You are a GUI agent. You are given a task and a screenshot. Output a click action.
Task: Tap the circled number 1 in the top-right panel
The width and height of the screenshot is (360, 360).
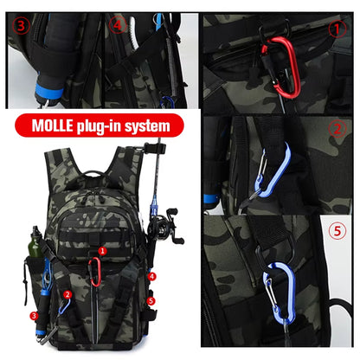[337, 28]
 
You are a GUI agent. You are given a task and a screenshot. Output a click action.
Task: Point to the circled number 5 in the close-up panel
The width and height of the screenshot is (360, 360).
[337, 231]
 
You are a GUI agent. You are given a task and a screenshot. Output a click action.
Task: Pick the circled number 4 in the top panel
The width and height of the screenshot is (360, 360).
[118, 24]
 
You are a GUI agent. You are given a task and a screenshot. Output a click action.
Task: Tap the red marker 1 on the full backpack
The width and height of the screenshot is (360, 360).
[102, 251]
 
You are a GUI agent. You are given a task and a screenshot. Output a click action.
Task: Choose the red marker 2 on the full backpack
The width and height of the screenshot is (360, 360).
[67, 294]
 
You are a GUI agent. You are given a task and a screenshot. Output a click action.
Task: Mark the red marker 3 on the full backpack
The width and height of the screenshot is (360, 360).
[34, 316]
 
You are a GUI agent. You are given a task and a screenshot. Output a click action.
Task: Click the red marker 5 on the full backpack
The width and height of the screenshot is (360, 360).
[151, 300]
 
